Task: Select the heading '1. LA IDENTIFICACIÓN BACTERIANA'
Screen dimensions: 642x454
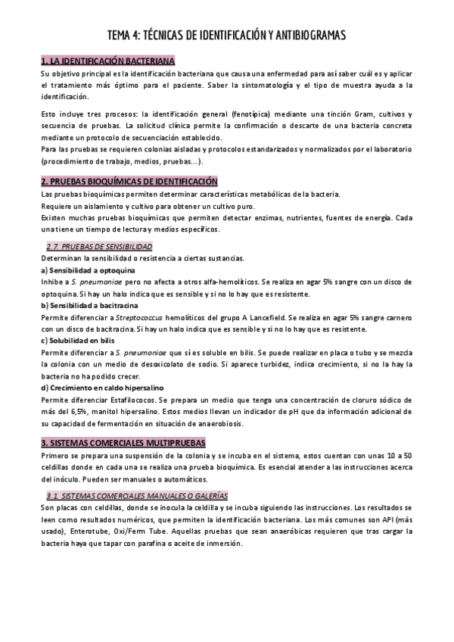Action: [x=107, y=60]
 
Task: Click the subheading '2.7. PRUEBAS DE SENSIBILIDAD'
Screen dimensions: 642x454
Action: [x=99, y=248]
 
